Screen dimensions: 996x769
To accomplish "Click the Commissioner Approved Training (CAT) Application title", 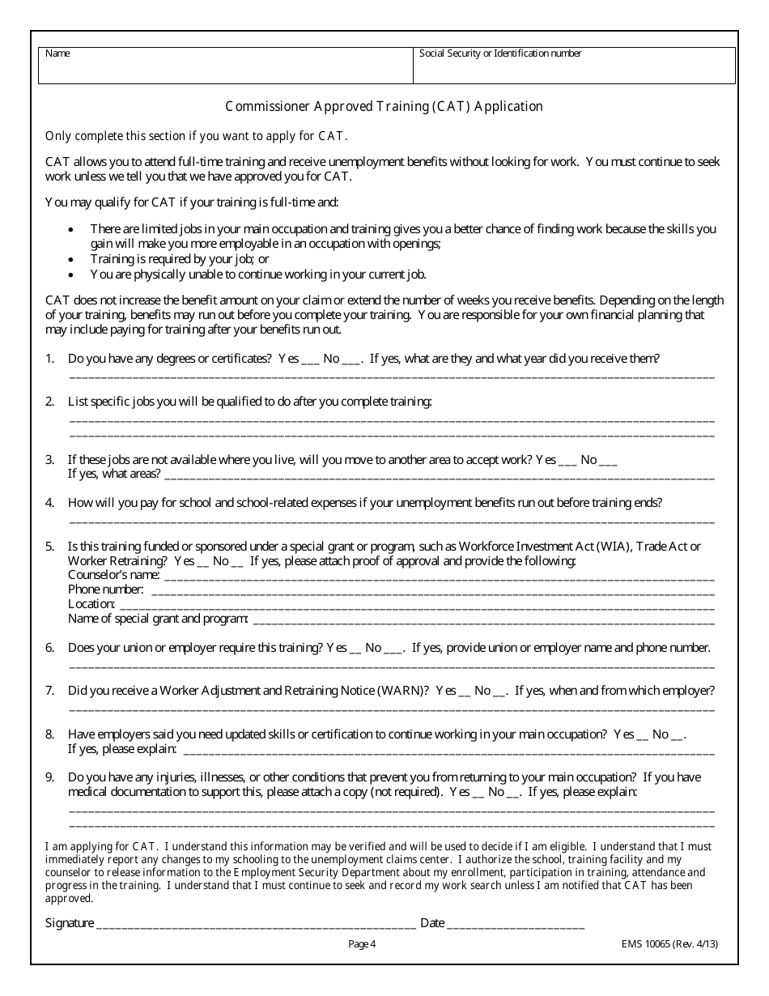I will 384,106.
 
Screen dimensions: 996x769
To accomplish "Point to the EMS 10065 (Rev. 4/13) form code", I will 669,943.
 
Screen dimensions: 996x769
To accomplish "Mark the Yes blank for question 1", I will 311,361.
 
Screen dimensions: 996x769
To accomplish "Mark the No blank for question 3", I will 609,462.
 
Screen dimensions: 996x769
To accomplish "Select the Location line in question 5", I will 416,607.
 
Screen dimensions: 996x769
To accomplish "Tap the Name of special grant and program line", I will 483,621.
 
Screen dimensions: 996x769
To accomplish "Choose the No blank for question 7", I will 500,693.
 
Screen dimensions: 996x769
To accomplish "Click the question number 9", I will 49,777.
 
